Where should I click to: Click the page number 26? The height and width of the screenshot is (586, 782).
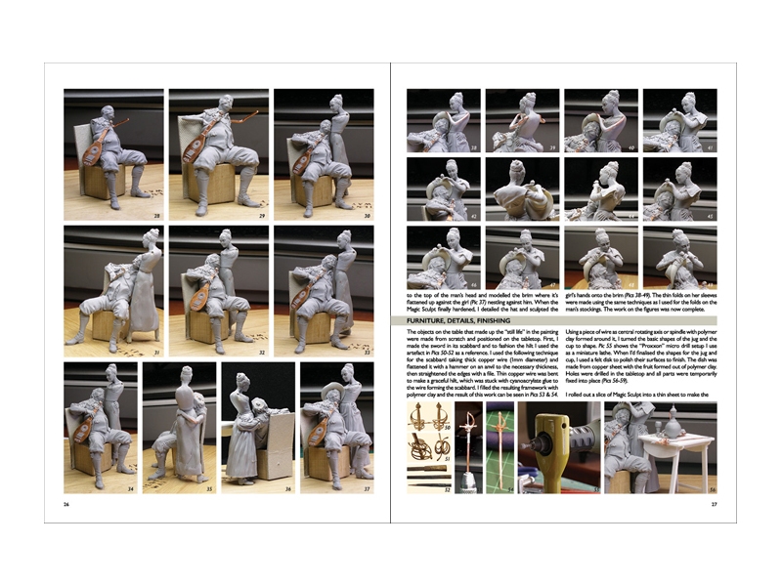[x=66, y=504]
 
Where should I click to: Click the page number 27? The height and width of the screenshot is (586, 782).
[x=714, y=504]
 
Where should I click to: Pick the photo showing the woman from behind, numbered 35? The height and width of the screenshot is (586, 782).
[x=179, y=428]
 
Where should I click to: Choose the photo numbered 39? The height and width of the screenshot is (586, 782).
[x=522, y=121]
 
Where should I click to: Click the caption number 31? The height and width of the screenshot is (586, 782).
[x=156, y=352]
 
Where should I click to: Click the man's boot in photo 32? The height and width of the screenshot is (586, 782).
[x=217, y=342]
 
